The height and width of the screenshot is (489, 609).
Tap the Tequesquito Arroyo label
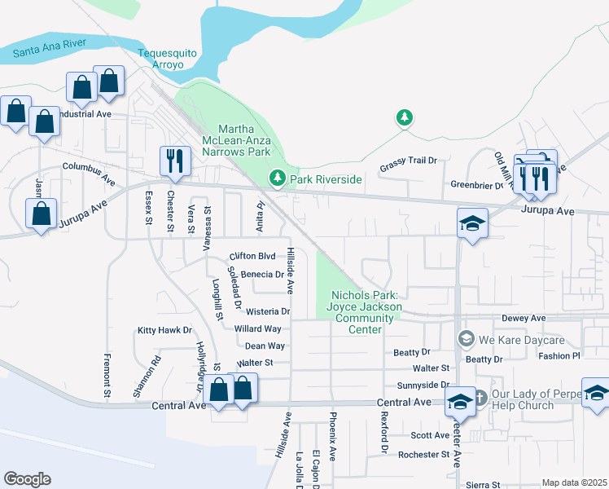click(168, 58)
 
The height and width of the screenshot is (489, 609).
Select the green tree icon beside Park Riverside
click(278, 178)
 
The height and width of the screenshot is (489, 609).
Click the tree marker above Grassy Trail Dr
click(404, 118)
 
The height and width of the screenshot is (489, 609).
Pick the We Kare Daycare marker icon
click(466, 338)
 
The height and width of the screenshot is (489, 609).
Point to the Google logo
click(27, 479)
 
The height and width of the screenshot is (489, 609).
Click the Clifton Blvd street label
click(252, 255)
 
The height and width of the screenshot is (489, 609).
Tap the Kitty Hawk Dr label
click(164, 330)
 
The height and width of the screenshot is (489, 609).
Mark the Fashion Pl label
click(559, 356)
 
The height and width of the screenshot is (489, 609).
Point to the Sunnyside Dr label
click(423, 385)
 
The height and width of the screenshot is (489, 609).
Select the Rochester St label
click(423, 454)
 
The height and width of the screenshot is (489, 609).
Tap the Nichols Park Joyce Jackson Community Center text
click(366, 312)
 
